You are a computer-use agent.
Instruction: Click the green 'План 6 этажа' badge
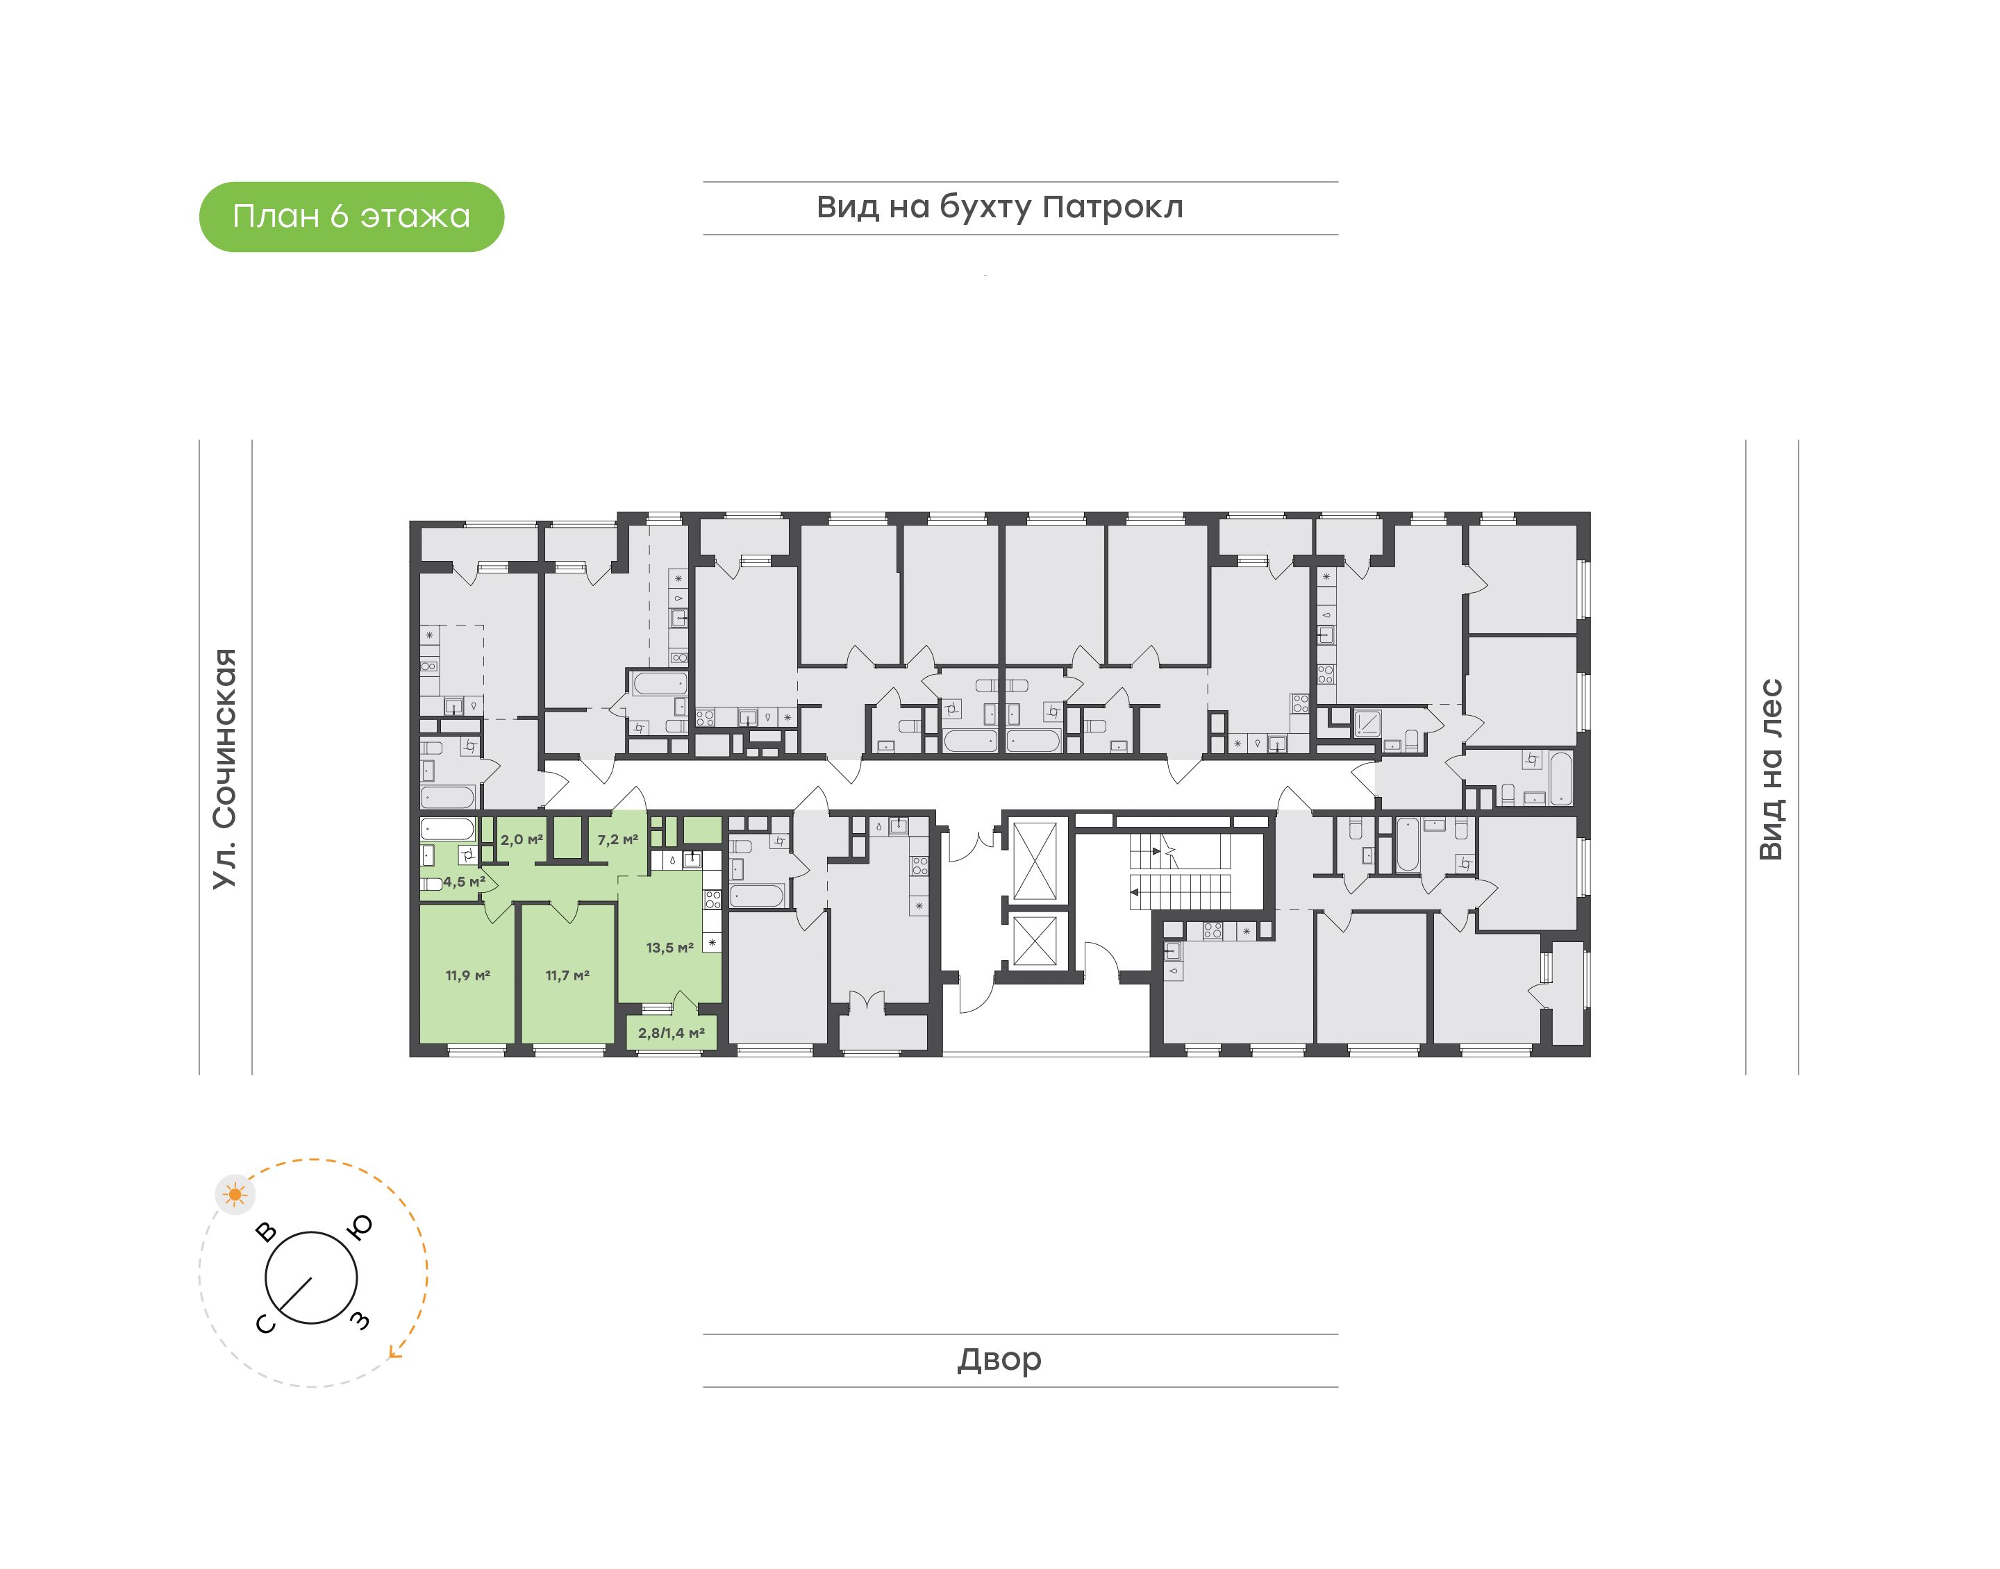click(351, 217)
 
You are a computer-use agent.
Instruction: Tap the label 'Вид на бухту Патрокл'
click(999, 208)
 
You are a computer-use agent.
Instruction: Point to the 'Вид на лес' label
click(1770, 770)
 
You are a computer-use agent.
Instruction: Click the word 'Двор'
click(999, 1359)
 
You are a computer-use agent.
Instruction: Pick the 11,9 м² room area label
click(467, 975)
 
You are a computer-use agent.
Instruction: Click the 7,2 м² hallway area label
click(617, 839)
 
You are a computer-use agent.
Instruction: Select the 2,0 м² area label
click(521, 839)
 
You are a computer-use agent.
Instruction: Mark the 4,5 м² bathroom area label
click(464, 882)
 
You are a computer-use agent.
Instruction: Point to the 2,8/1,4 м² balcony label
click(672, 1034)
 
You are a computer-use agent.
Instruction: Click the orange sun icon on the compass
click(236, 1195)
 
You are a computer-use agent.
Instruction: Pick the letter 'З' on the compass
click(361, 1321)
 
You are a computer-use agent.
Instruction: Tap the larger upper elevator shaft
click(1035, 861)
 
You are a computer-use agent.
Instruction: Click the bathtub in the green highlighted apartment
click(447, 830)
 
